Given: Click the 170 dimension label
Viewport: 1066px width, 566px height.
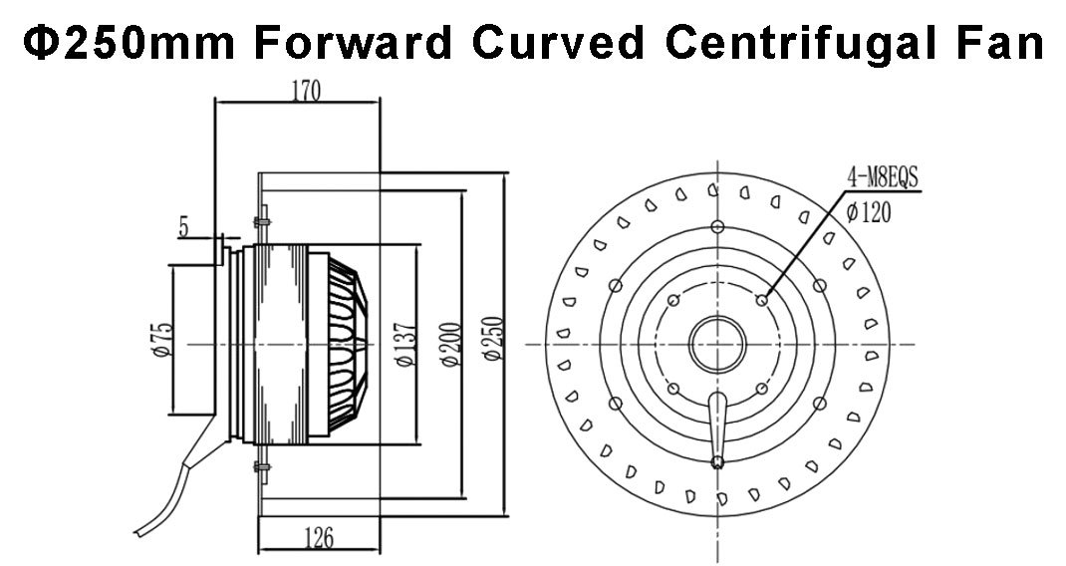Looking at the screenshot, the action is pos(306,91).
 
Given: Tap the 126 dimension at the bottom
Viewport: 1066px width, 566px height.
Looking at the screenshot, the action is pos(319,538).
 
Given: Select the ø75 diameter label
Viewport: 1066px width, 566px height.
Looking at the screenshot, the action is pos(163,340).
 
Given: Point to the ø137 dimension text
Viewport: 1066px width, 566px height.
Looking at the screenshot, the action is pos(405,345).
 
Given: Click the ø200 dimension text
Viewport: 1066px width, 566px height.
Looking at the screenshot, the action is pos(451,344).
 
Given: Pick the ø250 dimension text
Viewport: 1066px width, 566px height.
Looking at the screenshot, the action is pos(492,339).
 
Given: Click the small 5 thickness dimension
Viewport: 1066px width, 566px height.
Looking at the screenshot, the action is pos(183,227).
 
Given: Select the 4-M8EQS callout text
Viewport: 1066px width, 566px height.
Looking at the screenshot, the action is pos(883,177).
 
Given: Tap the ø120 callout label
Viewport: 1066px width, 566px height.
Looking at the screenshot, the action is pos(868,213).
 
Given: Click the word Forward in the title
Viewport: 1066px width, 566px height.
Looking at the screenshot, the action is pos(354,42).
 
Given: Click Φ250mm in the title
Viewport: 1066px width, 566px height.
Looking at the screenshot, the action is pos(130,42).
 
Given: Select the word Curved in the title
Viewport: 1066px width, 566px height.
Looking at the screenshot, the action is pos(558,42).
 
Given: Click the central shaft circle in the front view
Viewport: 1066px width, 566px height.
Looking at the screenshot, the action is pos(718,344).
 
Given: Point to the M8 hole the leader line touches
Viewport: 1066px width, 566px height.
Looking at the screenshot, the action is pos(762,300).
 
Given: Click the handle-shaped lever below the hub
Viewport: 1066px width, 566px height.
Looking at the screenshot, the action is pos(717,429).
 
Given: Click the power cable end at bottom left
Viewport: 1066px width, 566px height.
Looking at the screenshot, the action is pos(138,530).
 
